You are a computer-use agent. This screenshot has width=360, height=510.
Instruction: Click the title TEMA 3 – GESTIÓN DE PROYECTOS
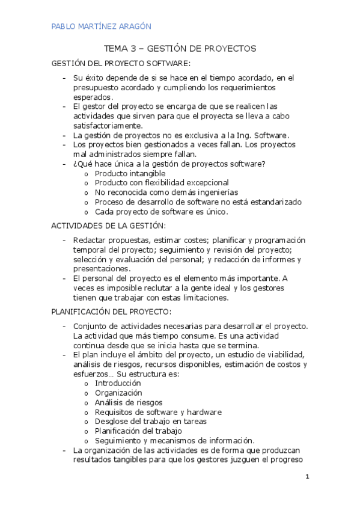[180, 48]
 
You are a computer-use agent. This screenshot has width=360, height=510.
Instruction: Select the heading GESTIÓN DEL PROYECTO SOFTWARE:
[121, 63]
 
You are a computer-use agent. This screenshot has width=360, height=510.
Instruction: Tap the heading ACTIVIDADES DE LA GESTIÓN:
[108, 226]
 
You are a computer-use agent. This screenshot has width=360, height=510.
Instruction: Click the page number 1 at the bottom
[307, 477]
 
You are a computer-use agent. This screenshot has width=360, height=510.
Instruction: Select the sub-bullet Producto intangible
[130, 173]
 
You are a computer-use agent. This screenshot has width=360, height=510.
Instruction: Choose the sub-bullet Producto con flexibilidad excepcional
[162, 183]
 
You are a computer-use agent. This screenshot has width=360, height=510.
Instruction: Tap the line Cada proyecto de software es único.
[162, 212]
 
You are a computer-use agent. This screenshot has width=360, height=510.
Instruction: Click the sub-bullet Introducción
[118, 383]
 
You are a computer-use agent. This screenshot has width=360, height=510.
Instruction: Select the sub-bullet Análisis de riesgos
[129, 402]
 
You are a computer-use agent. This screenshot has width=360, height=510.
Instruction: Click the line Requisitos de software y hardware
[158, 412]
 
